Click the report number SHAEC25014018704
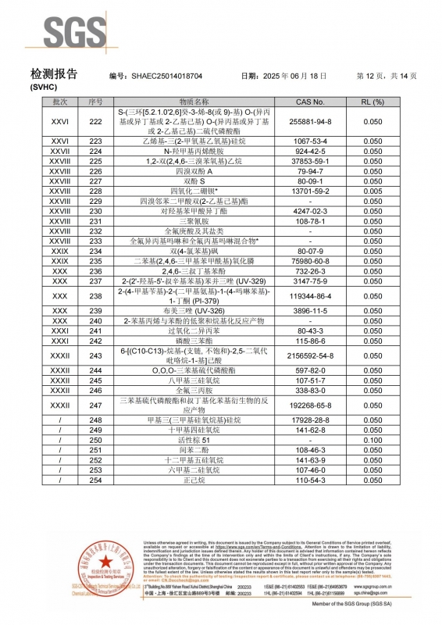(166, 77)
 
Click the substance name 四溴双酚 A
(194, 170)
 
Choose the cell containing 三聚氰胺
(194, 221)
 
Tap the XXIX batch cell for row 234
(60, 251)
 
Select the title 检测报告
(54, 74)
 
